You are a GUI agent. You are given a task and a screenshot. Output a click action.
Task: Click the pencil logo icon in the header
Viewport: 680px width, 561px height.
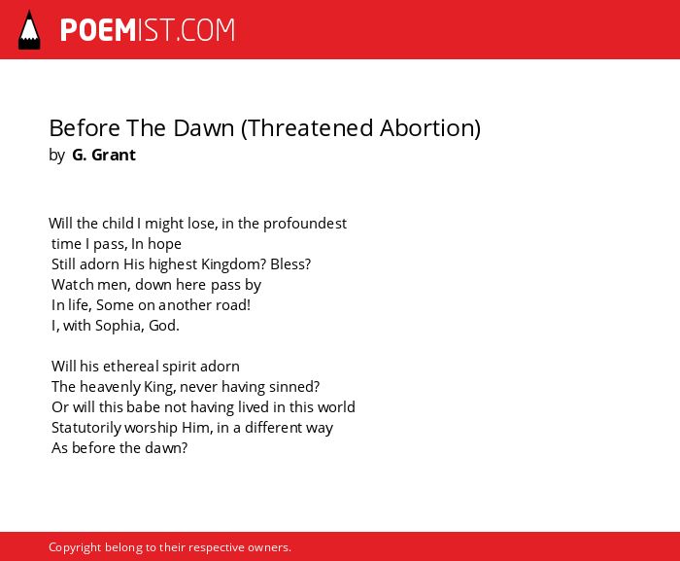[x=29, y=30]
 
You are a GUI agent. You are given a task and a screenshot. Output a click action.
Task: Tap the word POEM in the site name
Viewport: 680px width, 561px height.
[x=98, y=30]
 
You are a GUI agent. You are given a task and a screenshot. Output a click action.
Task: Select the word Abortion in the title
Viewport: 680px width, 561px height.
[x=427, y=128]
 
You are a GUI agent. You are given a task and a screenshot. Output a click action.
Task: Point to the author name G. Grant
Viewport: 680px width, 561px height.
[x=104, y=155]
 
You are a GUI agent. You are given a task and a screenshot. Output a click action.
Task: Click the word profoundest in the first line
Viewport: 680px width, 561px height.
[x=305, y=224]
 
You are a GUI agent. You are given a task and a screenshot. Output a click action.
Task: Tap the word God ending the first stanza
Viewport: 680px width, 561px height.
[x=162, y=326]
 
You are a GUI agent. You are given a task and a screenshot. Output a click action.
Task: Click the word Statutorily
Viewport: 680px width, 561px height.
[x=85, y=428]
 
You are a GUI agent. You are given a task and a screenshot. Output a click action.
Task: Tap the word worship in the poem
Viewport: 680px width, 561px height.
[x=151, y=428]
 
